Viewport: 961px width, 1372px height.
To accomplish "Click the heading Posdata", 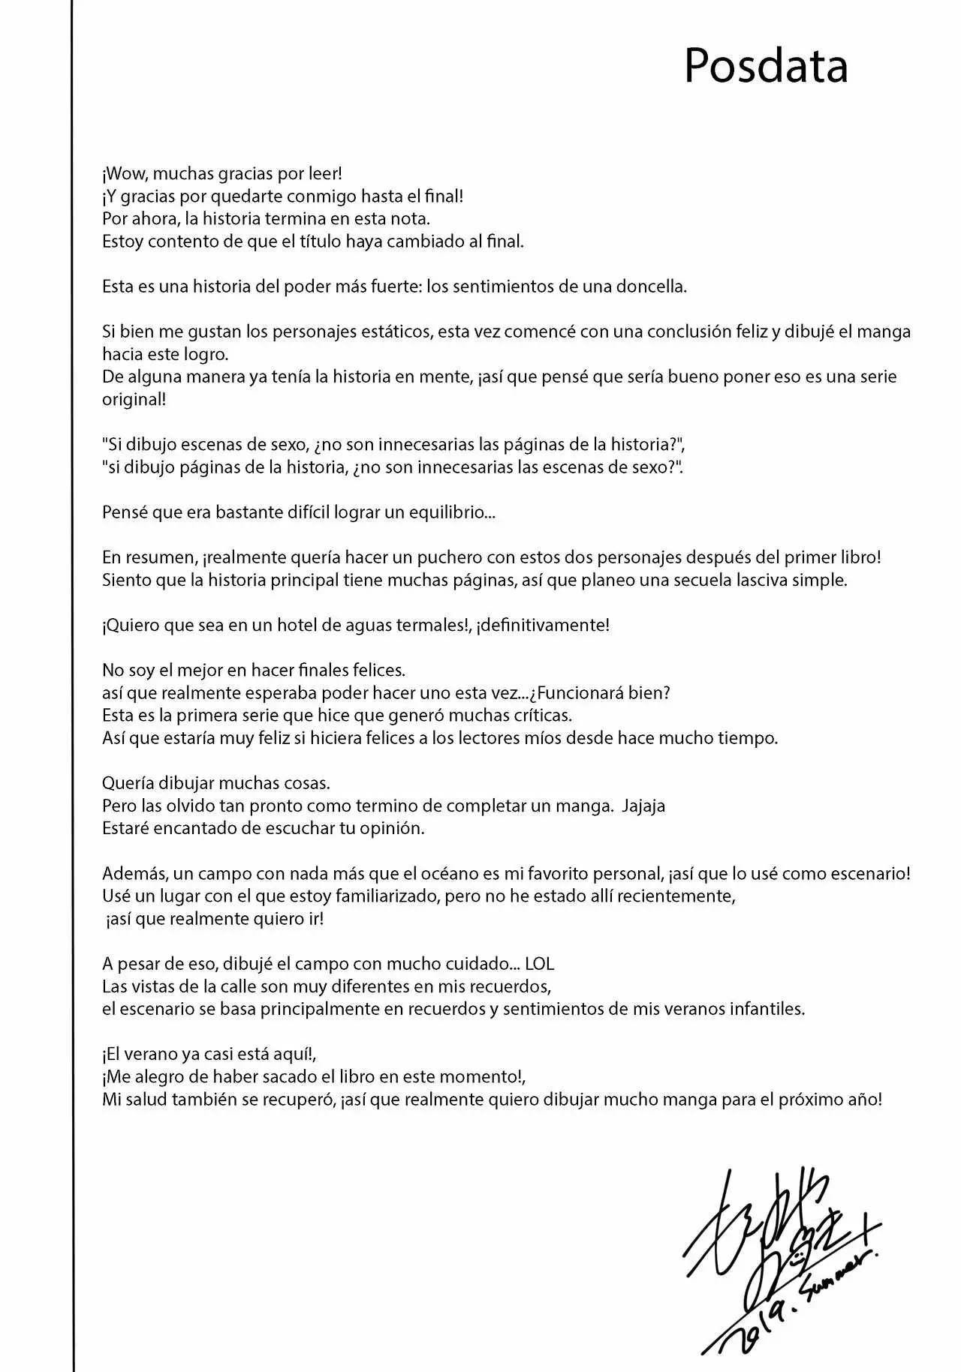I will pos(766,66).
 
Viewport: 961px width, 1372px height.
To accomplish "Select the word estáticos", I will pos(387,332).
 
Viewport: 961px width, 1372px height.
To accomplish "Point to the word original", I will pos(133,399).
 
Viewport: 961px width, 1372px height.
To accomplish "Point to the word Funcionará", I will pos(594,692).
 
